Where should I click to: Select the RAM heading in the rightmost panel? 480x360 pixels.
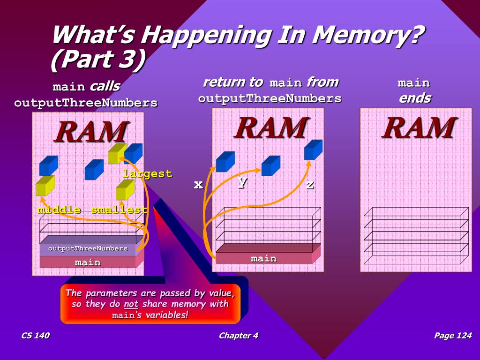(x=419, y=127)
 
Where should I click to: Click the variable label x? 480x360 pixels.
(x=198, y=184)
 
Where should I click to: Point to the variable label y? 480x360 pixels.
(x=242, y=183)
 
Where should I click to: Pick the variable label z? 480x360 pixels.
(x=310, y=184)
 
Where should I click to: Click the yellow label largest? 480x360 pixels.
(x=147, y=173)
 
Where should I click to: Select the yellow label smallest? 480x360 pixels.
(x=119, y=210)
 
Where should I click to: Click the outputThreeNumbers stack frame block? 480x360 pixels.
(x=88, y=248)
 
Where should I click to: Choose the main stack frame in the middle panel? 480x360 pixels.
(x=263, y=258)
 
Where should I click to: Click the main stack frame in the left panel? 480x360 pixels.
(x=88, y=262)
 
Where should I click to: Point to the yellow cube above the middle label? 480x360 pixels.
(x=45, y=186)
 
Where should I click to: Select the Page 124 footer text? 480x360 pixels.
(x=452, y=335)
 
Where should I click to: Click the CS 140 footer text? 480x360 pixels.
(x=35, y=335)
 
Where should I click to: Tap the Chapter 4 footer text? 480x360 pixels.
(x=238, y=335)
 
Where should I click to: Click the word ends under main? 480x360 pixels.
(x=414, y=98)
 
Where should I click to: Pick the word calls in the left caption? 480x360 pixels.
(x=105, y=86)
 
